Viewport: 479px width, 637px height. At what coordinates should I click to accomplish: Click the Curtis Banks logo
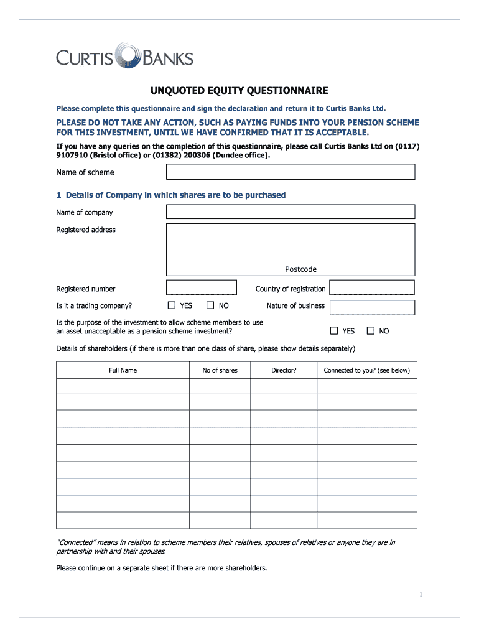click(124, 57)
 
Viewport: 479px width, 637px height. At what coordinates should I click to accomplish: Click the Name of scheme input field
click(290, 172)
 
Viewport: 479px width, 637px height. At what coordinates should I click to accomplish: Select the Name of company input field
click(290, 212)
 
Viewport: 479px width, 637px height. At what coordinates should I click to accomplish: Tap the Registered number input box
click(201, 287)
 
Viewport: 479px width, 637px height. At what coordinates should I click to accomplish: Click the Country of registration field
click(372, 287)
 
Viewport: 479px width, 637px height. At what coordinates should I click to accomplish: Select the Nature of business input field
click(372, 307)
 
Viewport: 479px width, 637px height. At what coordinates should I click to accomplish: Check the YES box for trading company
click(172, 305)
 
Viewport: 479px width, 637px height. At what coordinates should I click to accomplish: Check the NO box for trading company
click(210, 305)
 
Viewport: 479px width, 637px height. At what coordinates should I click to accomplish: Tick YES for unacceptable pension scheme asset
click(334, 331)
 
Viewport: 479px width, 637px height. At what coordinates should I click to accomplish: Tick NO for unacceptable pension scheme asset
click(371, 331)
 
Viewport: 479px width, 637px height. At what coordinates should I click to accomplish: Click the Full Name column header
click(123, 370)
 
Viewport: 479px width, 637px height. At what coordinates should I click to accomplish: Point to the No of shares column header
click(220, 370)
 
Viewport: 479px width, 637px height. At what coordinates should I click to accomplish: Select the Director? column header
click(284, 370)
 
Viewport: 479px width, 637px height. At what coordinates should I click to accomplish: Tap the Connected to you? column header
click(366, 370)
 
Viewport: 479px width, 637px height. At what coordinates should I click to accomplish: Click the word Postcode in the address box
click(300, 269)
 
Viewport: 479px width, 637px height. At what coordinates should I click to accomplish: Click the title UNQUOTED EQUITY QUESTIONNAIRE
click(239, 91)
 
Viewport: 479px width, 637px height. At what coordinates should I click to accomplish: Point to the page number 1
click(421, 595)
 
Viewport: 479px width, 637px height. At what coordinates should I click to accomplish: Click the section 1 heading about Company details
click(170, 195)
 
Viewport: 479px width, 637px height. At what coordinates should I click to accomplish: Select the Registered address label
click(86, 230)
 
